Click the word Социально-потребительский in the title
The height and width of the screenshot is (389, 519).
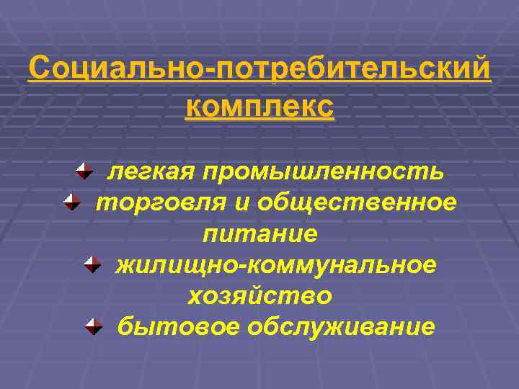259,71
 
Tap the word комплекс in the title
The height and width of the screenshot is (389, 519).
259,107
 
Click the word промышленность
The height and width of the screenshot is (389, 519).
323,172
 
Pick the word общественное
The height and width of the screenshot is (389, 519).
358,203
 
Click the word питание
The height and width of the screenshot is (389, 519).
259,234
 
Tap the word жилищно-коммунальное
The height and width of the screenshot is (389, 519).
276,265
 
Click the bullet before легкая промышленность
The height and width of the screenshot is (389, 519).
84,171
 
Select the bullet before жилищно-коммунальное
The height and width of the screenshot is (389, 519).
92,264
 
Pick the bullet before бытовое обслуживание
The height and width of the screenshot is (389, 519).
93,326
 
